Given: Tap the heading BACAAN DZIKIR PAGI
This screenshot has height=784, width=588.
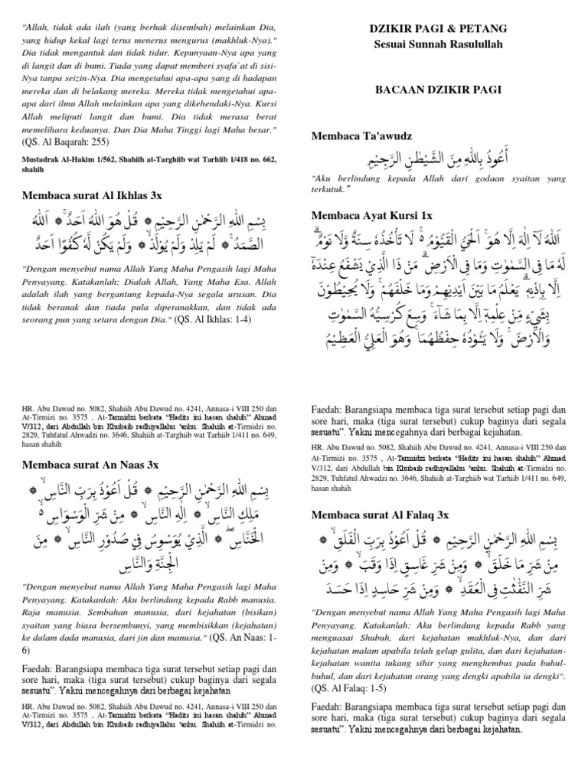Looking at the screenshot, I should [x=438, y=90].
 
